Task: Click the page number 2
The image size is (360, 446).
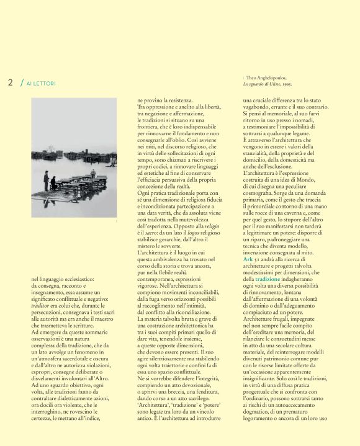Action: [11, 82]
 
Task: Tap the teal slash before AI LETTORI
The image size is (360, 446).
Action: [22, 82]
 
